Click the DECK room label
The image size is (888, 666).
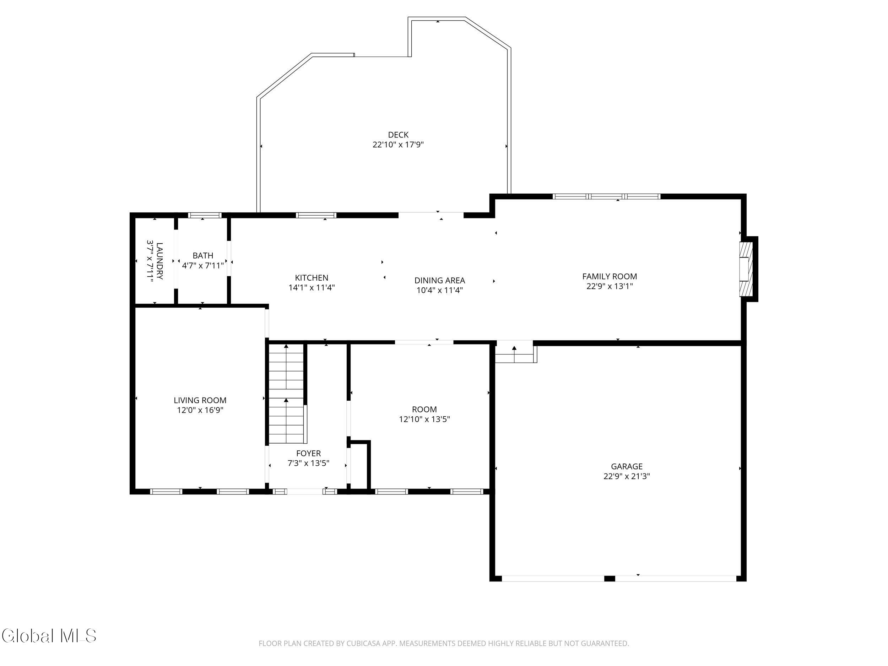(398, 135)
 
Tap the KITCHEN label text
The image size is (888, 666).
(312, 278)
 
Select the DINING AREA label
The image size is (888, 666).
(440, 281)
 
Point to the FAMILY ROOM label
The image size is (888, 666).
(610, 276)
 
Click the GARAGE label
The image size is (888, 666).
(627, 466)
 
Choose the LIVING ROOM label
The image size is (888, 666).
(200, 400)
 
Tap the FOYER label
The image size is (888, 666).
(308, 453)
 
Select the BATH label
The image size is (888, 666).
(203, 255)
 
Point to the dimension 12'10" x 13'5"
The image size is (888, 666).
(424, 419)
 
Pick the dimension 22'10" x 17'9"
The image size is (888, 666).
(398, 145)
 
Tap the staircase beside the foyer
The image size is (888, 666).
(286, 394)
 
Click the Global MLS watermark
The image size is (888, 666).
(49, 635)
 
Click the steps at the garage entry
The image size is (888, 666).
(515, 352)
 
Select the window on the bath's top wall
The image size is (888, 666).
(205, 215)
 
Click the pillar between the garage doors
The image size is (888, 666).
(610, 579)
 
